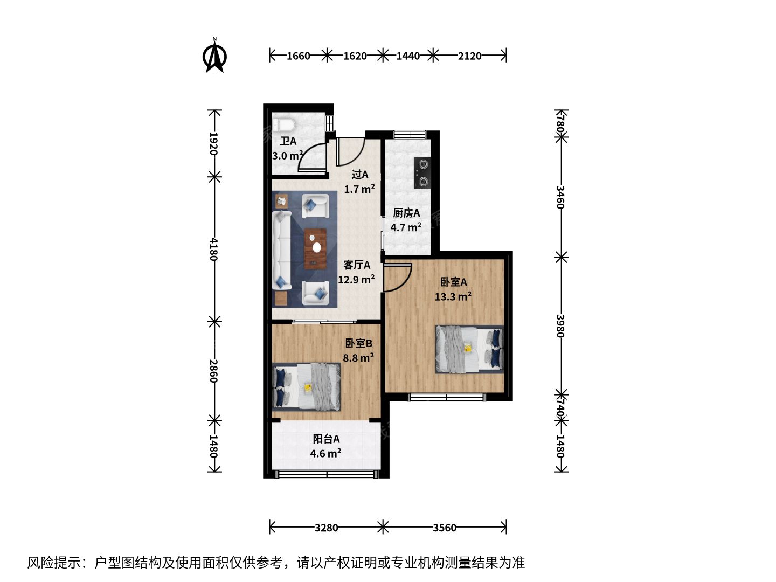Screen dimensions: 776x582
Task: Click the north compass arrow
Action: (x=214, y=57)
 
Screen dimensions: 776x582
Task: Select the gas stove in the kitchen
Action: (x=422, y=173)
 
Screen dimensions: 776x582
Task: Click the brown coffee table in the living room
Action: (x=315, y=249)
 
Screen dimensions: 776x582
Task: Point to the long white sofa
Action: (x=281, y=251)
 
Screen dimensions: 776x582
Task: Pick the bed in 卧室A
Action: (x=469, y=349)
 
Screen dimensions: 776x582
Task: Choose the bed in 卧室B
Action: (x=306, y=387)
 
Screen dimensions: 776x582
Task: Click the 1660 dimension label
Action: (x=298, y=56)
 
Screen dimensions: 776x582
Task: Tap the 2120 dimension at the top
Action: (x=469, y=56)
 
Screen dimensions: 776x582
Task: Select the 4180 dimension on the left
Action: (x=213, y=249)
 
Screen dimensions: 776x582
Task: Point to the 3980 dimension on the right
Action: (x=560, y=326)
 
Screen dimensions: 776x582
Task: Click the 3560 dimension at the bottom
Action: (x=445, y=528)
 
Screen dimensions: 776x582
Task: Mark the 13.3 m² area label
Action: (x=453, y=296)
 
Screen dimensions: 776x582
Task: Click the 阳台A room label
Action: (x=326, y=439)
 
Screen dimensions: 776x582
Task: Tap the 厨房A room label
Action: (x=406, y=213)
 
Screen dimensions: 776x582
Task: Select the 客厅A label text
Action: (x=357, y=265)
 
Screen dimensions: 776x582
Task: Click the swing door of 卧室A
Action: (x=397, y=278)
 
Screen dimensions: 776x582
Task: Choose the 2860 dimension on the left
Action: (x=213, y=371)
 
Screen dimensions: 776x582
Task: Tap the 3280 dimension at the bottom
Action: (x=326, y=528)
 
